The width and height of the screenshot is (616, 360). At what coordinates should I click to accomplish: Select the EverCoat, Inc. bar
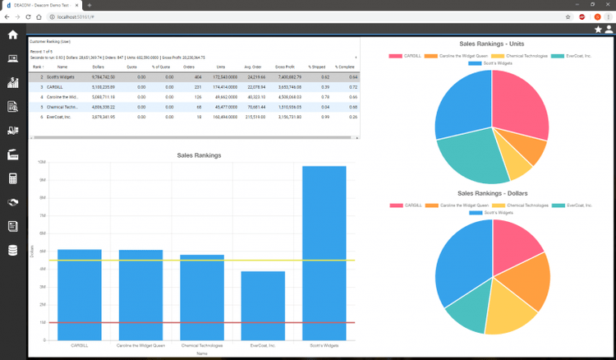point(263,305)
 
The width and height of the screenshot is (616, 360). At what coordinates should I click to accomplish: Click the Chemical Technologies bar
point(202,297)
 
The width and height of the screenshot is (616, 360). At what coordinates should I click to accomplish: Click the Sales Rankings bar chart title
point(199,155)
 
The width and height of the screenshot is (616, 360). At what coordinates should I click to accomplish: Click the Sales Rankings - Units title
point(493,43)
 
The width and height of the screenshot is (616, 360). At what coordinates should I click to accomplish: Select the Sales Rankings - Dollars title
point(493,193)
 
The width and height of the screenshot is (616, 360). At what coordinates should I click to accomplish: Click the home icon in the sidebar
point(13,35)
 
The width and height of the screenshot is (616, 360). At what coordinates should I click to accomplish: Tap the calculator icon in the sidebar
point(13,178)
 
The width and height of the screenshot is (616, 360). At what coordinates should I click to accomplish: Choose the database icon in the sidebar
point(13,250)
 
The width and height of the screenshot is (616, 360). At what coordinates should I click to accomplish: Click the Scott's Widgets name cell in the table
point(60,76)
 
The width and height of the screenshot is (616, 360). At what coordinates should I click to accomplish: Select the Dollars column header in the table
point(99,67)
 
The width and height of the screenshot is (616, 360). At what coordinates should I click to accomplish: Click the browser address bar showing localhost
point(246,16)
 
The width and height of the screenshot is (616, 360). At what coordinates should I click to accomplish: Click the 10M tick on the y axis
point(42,163)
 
